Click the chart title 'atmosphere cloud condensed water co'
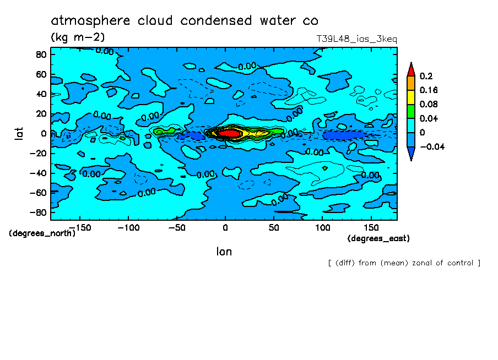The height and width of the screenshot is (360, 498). pos(185,21)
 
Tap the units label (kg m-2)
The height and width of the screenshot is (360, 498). pos(77,37)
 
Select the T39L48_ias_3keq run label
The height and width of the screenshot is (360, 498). pos(356,39)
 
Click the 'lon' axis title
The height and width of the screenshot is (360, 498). pos(224,252)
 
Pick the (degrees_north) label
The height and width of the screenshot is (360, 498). pos(42,233)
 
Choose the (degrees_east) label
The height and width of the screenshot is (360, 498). pos(378,238)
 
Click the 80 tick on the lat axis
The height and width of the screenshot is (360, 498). pos(40,54)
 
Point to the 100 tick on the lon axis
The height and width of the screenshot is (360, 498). pos(322,227)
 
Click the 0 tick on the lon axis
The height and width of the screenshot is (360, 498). pos(225,227)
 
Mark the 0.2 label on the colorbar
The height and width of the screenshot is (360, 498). pos(425,76)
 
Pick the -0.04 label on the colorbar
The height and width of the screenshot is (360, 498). pos(431,147)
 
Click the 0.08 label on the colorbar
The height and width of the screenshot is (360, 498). pos(427,105)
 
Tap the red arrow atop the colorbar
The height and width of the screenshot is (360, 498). pos(410,69)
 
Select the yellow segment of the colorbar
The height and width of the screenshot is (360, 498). pos(410,97)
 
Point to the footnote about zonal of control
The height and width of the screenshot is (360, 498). pos(404,263)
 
